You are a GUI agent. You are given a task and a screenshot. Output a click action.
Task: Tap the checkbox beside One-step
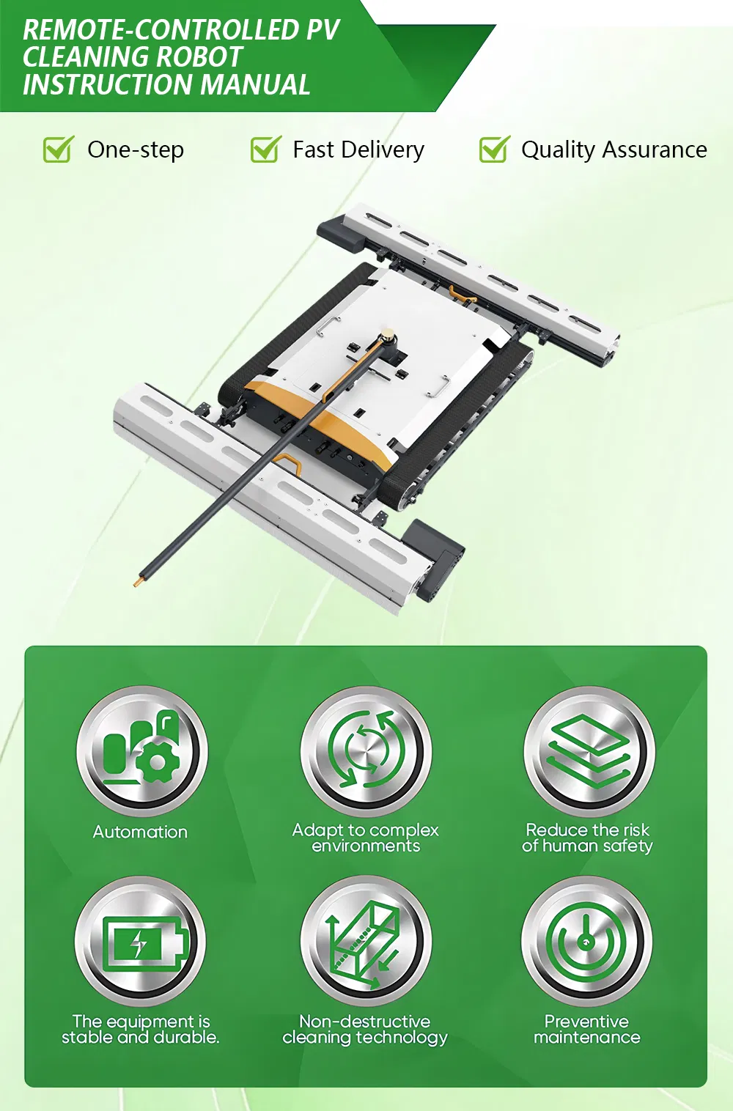point(57,150)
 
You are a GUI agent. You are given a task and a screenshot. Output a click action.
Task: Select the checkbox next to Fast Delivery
point(265,150)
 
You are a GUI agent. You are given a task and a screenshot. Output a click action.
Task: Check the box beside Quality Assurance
point(494,150)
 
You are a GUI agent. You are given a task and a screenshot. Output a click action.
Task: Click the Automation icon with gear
point(141,751)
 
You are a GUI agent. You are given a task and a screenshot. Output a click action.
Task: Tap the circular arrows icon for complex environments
point(366,751)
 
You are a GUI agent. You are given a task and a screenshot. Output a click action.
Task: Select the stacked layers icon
point(589,751)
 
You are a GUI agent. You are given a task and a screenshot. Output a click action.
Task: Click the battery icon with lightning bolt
point(140,942)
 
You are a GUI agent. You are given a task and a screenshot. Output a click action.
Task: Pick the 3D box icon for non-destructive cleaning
point(366,942)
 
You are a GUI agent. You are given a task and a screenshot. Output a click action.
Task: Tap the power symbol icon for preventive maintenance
point(586,942)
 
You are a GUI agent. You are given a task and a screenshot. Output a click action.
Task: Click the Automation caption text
point(140,833)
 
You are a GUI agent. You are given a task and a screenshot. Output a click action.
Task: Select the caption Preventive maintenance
point(586,1030)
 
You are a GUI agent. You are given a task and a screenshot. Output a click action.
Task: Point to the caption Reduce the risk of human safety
point(587,838)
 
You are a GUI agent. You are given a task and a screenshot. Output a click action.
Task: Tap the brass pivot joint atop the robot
point(386,339)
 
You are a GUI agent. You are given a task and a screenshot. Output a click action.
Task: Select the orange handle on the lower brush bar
point(288,463)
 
